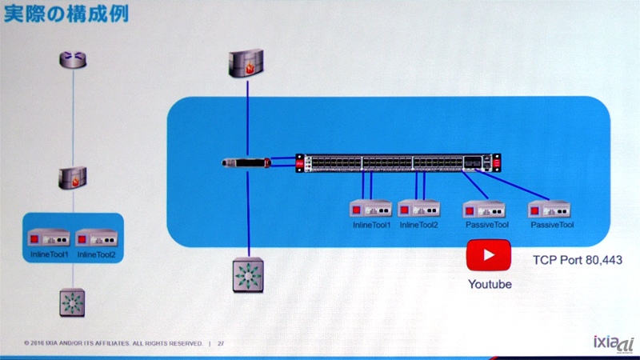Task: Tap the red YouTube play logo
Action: point(488,257)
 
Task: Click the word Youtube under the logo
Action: point(489,284)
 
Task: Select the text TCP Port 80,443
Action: point(577,261)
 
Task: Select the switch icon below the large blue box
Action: point(247,276)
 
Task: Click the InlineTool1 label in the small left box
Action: point(49,254)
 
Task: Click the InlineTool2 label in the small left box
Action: point(96,254)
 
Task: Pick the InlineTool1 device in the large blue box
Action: point(370,210)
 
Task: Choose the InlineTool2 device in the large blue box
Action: point(418,210)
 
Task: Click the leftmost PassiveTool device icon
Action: point(486,210)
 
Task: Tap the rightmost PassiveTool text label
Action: point(552,226)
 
